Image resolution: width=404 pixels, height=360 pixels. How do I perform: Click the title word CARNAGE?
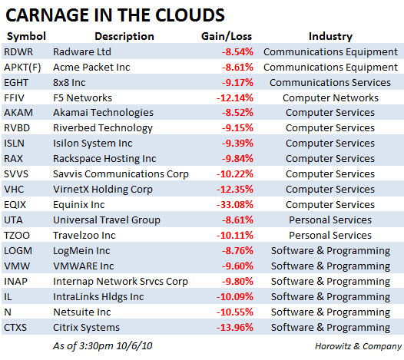coord(48,15)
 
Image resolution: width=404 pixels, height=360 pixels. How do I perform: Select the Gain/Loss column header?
coord(227,36)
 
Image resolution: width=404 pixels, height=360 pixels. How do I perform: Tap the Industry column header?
coord(330,37)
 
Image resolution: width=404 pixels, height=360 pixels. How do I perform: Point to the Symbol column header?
coord(26,37)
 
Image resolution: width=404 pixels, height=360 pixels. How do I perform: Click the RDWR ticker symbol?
coord(18,52)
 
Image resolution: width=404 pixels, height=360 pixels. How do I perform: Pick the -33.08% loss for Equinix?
coord(235,205)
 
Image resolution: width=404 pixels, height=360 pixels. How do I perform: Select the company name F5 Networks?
coord(82,98)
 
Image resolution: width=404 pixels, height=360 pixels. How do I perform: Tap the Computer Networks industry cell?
coord(330,98)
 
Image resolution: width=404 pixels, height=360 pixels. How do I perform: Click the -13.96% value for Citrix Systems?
coord(235,328)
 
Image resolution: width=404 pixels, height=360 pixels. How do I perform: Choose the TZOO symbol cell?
coord(17,236)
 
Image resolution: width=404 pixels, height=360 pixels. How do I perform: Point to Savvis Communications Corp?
coord(121,174)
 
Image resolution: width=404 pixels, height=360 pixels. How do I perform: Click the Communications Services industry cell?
coord(330,83)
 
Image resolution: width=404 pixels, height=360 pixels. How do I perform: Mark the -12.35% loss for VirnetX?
coord(235,190)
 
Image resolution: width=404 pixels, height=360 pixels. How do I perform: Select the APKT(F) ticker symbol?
coord(22,68)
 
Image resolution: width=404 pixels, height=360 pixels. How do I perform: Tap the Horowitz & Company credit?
coord(358,346)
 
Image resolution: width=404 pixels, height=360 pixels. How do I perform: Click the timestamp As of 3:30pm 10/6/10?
coord(103,346)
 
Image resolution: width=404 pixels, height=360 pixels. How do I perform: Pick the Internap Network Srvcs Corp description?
coord(121,282)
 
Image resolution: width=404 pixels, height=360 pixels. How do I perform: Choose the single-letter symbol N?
coord(8,312)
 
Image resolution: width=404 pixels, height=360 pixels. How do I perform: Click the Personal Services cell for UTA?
coord(330,220)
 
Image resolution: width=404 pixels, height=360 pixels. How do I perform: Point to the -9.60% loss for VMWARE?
coord(237,266)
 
